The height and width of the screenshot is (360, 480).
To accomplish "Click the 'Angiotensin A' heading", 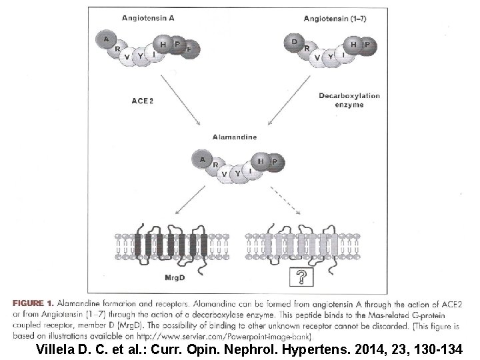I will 148,18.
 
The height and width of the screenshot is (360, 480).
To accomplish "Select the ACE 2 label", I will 143,100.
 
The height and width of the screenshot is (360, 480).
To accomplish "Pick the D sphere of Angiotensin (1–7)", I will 295,41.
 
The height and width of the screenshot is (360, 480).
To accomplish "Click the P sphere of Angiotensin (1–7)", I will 367,45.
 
